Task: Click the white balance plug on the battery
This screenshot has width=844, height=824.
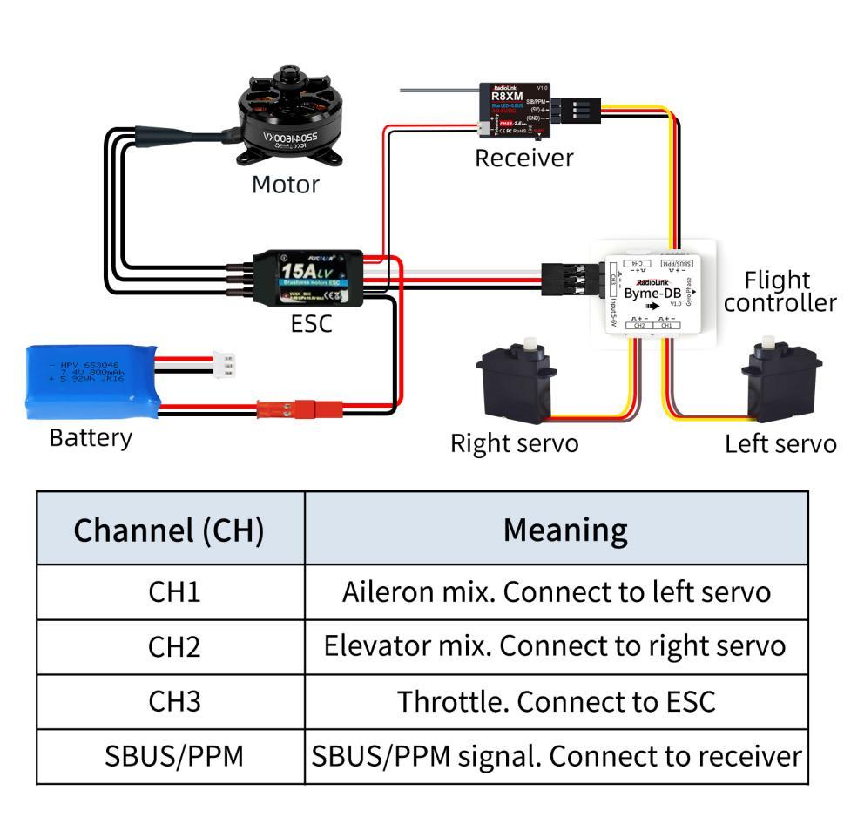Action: (x=225, y=364)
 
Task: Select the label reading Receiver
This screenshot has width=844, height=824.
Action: (x=524, y=158)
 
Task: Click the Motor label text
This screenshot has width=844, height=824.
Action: (x=286, y=185)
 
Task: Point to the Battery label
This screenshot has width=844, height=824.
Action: (x=91, y=437)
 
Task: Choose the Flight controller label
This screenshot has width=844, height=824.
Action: (x=780, y=291)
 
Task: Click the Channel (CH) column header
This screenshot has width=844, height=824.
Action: (x=169, y=529)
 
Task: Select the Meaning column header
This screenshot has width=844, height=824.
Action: (x=556, y=529)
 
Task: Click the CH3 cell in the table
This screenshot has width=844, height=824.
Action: (x=169, y=701)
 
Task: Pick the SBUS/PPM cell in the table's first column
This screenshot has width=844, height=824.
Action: (x=169, y=756)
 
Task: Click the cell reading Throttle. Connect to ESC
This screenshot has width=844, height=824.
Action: (x=556, y=701)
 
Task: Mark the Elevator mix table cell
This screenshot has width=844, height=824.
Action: (x=556, y=647)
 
